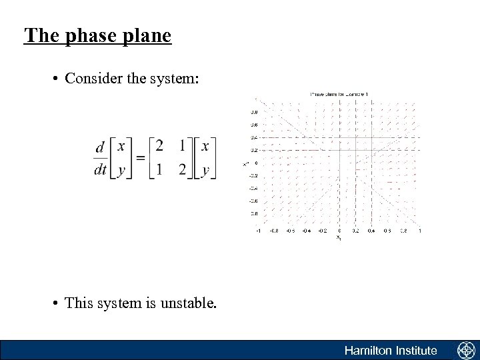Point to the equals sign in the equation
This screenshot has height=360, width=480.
click(140, 157)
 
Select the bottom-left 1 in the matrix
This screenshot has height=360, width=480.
click(159, 169)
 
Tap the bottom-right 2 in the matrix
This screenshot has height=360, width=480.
click(183, 169)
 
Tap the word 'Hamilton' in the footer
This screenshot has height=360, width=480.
click(367, 351)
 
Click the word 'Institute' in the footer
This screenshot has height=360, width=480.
click(416, 351)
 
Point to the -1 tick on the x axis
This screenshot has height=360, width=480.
click(258, 231)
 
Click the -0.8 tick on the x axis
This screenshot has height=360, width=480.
click(274, 231)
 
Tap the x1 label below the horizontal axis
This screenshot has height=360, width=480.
click(339, 237)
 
